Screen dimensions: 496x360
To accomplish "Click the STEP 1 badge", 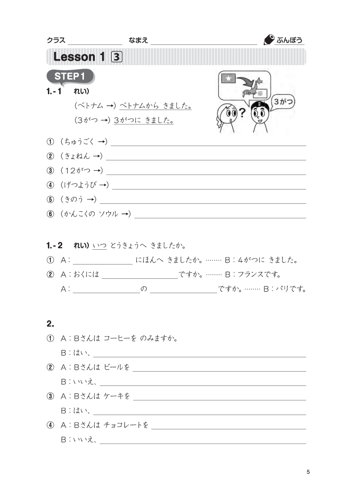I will (x=70, y=76).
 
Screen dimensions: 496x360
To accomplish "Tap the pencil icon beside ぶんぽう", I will (x=269, y=40).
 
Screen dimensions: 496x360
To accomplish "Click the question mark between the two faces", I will (x=242, y=113).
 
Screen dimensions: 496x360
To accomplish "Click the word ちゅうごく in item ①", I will (x=78, y=142).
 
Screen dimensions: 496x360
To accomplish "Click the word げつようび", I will (x=79, y=185).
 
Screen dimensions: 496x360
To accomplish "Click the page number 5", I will (x=308, y=472).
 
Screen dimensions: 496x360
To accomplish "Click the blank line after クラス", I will (x=95, y=41).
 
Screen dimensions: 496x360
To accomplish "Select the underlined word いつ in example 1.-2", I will (x=99, y=245).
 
